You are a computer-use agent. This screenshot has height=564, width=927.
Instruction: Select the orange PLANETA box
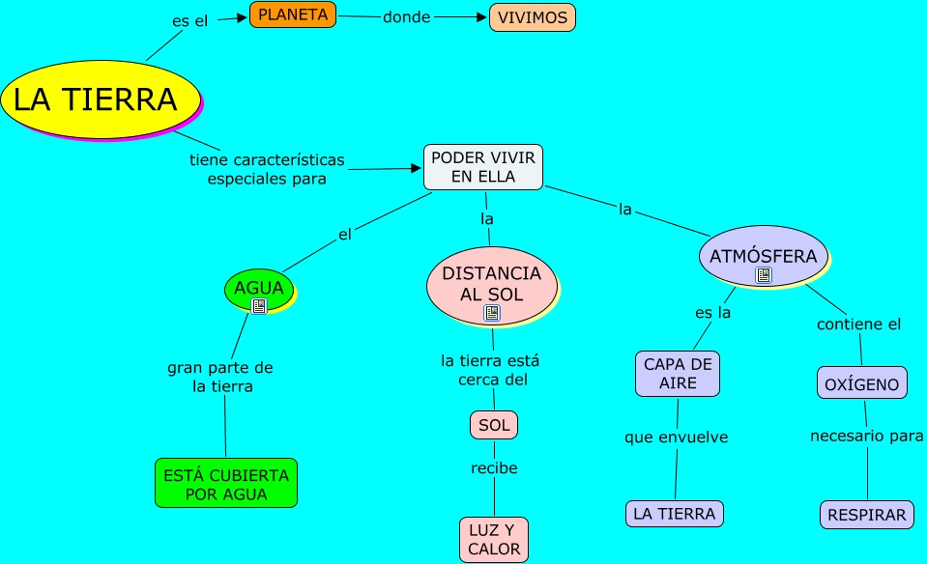[293, 14]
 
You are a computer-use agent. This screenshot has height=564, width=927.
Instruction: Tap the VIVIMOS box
[532, 17]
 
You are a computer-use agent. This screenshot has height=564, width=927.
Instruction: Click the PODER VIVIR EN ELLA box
[483, 166]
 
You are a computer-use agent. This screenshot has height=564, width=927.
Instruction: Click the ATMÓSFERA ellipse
[763, 256]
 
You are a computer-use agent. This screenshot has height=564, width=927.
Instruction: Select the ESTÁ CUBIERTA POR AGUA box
[226, 484]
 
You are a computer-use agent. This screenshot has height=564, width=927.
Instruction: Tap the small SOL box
[494, 425]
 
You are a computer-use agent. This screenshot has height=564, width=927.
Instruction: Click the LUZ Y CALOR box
[494, 540]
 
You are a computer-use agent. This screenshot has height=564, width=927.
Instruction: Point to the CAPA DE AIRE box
[678, 374]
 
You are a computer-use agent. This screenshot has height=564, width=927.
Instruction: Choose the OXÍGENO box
[862, 383]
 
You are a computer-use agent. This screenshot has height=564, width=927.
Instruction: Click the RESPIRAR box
[867, 515]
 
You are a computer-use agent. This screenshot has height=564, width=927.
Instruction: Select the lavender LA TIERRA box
[675, 514]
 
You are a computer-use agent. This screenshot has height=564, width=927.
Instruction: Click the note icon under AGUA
[258, 306]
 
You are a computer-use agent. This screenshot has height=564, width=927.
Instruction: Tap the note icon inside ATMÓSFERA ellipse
[764, 276]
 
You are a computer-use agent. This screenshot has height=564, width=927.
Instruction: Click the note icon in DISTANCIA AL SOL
[492, 313]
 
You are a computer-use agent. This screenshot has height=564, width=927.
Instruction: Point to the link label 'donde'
[406, 17]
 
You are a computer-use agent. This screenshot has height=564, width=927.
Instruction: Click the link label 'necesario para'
[866, 437]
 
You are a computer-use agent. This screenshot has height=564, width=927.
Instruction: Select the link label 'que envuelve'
[676, 437]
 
